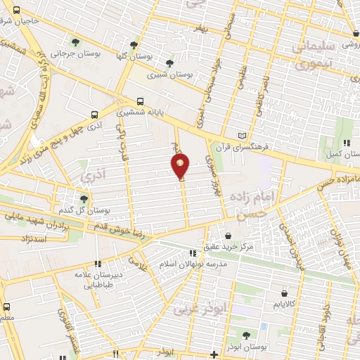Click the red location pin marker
180,166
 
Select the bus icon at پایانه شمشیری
140,101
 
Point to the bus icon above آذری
94,115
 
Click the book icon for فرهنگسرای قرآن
243,135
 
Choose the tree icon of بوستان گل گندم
84,198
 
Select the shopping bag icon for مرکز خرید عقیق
228,237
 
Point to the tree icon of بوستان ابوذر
245,335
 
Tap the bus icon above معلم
7,307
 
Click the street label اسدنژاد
29,239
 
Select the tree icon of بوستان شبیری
169,62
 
